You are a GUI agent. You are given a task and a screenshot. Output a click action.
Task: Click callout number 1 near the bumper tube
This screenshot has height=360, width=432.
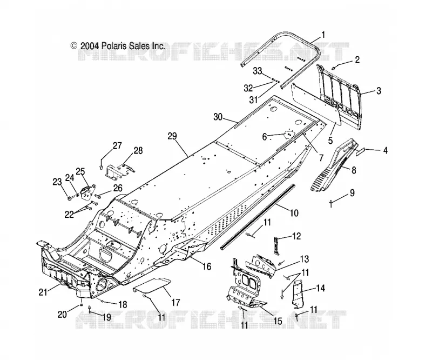[323, 35]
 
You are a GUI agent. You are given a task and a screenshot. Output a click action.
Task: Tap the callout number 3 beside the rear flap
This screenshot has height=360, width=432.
[379, 90]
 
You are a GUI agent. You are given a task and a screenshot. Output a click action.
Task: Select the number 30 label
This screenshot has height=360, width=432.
[218, 117]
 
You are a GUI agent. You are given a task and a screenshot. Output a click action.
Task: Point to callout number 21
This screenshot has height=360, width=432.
[43, 292]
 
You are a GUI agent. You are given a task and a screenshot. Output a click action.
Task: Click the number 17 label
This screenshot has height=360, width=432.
[175, 303]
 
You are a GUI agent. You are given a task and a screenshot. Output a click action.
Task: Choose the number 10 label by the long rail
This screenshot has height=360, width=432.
[294, 213]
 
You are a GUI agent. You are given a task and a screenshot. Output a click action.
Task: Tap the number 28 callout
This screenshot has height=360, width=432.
[138, 151]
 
